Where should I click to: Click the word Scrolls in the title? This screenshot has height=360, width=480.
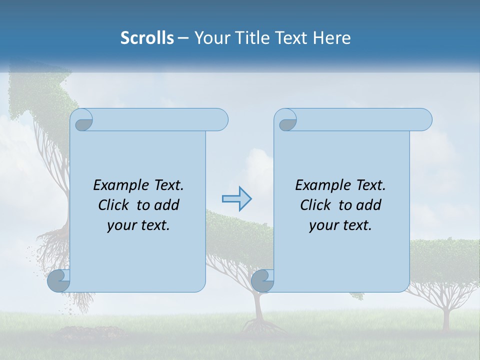147,38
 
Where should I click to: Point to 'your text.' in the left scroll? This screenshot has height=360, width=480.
138,225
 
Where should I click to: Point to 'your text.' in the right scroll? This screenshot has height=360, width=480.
340,225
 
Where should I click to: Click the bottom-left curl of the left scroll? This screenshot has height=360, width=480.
58,281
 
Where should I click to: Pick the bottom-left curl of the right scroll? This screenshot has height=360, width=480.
262,281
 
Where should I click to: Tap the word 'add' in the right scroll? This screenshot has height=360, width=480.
369,205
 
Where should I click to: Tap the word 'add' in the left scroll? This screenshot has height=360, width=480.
167,205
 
